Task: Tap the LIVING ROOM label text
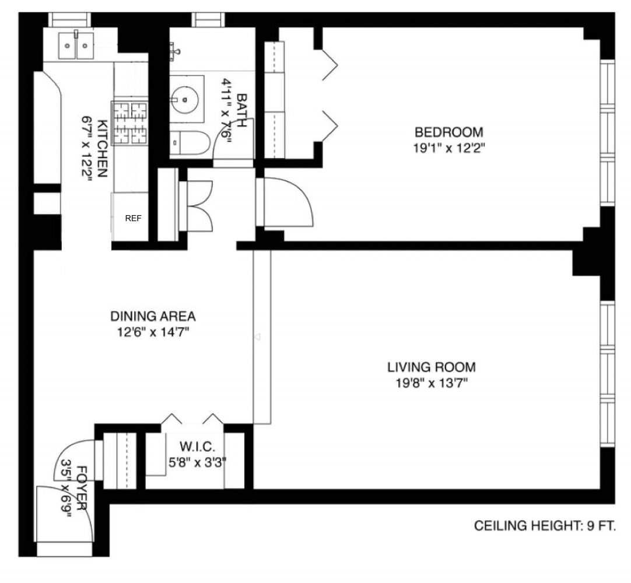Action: point(432,368)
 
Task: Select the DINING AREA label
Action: point(153,317)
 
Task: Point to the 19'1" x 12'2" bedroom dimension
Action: point(448,148)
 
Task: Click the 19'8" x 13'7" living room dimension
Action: point(432,384)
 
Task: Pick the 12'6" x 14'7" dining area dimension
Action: point(153,333)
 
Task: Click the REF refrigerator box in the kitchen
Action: point(134,218)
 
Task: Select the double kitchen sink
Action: point(76,44)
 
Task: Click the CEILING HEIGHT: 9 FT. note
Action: point(545,527)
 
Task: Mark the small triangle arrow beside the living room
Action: point(258,337)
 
